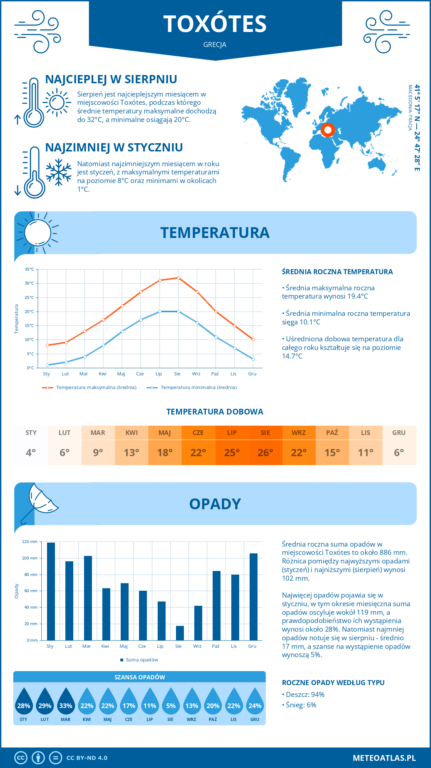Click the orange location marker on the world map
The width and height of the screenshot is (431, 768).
pyautogui.click(x=328, y=130)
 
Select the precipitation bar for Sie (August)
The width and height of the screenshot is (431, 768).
pyautogui.click(x=180, y=633)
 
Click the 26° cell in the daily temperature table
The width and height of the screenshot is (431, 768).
pyautogui.click(x=265, y=453)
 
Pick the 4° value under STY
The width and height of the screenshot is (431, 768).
pyautogui.click(x=31, y=453)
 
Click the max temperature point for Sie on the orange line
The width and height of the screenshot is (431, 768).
pyautogui.click(x=179, y=278)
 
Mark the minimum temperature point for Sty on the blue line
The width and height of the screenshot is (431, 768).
pyautogui.click(x=47, y=365)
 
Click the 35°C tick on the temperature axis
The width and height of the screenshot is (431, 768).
pyautogui.click(x=29, y=269)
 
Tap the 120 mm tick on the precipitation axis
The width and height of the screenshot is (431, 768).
pyautogui.click(x=30, y=542)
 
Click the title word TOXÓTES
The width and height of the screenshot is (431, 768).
pyautogui.click(x=215, y=24)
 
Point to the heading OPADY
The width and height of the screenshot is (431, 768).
pyautogui.click(x=215, y=504)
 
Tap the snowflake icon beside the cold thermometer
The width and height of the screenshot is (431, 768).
pyautogui.click(x=59, y=172)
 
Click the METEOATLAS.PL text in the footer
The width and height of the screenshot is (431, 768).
pyautogui.click(x=384, y=758)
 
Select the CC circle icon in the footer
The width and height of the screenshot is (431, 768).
pyautogui.click(x=21, y=758)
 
